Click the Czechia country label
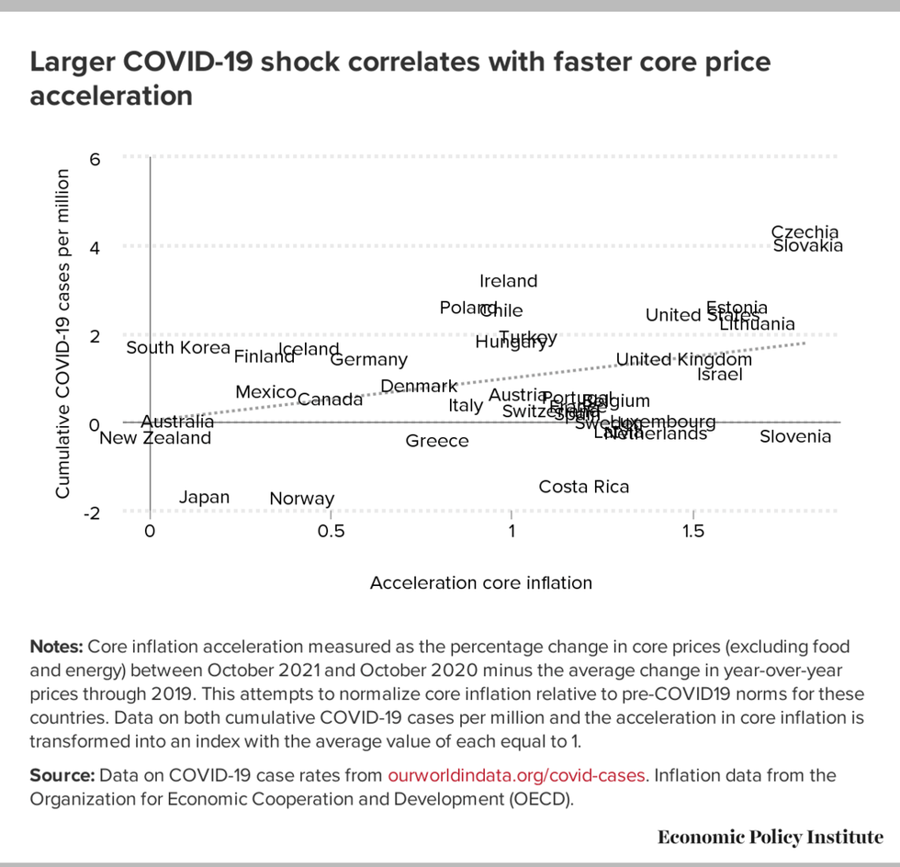804,232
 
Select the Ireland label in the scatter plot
508,281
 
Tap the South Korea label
178,347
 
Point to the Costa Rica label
584,487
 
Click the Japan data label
204,497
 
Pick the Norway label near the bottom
302,499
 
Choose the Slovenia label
795,436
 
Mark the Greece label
437,441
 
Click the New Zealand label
155,438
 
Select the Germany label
369,360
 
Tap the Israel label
720,375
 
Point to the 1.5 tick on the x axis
693,532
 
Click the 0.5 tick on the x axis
331,532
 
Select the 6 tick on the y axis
94,159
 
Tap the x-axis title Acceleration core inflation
481,582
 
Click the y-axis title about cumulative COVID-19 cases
63,334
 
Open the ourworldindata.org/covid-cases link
518,775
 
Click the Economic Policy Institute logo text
771,837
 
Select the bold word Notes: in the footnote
56,647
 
